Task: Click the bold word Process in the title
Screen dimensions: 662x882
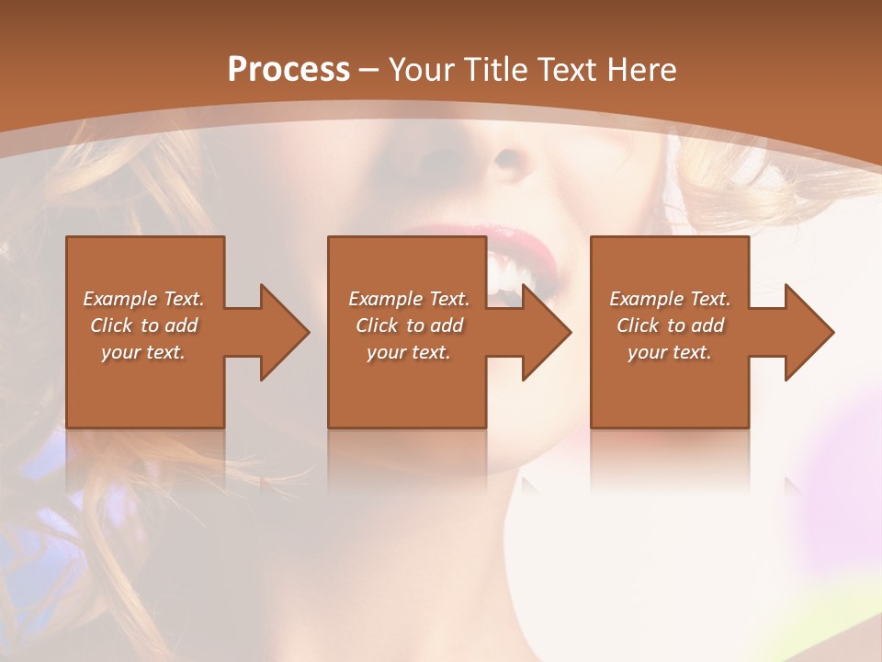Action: tap(288, 69)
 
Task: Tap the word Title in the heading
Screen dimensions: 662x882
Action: tap(496, 69)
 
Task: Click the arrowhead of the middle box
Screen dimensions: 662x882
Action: tap(546, 332)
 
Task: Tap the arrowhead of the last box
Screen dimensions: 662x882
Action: tap(808, 332)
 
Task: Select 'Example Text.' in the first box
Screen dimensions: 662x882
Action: tap(143, 299)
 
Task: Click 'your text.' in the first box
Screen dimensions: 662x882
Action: tap(143, 352)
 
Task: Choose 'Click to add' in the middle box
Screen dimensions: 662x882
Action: tap(409, 325)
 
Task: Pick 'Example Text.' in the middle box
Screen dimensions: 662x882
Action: tap(409, 299)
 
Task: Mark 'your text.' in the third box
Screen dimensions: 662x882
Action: tap(670, 352)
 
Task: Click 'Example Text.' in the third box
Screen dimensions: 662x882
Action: tap(670, 299)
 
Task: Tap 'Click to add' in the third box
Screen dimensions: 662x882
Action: tap(670, 325)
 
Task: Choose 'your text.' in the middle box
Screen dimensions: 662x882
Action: tap(409, 352)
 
